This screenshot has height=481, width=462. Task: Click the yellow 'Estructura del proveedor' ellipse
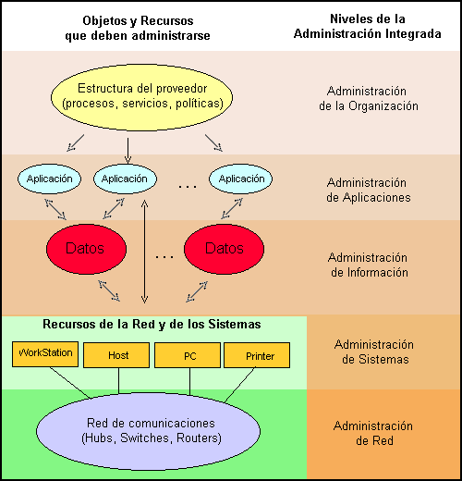141,97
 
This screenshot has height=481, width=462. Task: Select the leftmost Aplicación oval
49,179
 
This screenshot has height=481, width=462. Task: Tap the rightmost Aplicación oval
241,179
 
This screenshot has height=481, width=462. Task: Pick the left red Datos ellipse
86,249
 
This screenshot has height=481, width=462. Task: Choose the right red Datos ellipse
225,249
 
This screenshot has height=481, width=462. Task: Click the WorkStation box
45,354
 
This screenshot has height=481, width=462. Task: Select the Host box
116,355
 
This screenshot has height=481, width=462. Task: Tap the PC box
188,355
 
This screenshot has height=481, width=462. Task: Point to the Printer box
257,355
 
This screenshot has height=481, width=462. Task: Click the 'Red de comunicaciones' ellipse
148,431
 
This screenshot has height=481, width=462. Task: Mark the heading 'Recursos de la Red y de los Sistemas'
152,325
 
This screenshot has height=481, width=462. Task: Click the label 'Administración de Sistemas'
374,351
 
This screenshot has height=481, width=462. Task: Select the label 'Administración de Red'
373,433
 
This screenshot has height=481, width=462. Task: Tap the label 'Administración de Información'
369,265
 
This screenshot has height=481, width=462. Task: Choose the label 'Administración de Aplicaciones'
369,190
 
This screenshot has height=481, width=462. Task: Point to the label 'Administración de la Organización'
369,98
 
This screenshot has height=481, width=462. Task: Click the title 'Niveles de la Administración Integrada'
368,26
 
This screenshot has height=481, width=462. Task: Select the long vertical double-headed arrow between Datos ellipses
144,252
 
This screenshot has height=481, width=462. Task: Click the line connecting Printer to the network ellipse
240,385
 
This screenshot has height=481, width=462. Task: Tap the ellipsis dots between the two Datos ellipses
164,256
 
